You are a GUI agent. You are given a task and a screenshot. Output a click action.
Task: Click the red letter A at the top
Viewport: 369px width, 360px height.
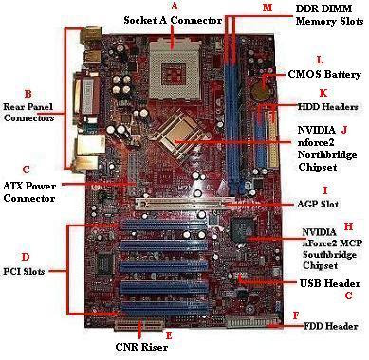[172, 7]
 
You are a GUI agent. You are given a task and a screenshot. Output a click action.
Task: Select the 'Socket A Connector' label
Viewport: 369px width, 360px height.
[173, 19]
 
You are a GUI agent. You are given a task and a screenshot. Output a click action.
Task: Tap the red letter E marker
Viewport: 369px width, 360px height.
[169, 335]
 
